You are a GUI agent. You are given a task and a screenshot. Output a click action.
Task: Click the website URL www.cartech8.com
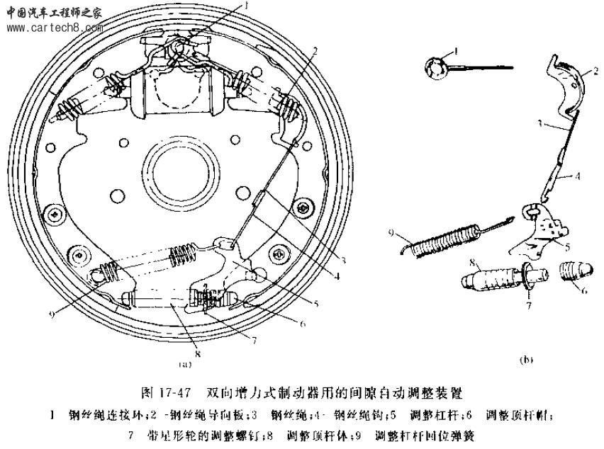click(52, 28)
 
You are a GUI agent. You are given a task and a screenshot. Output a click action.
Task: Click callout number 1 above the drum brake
click(247, 6)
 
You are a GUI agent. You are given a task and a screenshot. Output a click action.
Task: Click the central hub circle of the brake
click(180, 169)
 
